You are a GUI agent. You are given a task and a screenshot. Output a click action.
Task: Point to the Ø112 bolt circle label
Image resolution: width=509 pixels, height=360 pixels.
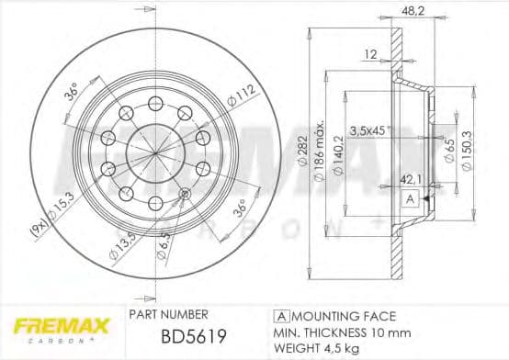click(x=241, y=96)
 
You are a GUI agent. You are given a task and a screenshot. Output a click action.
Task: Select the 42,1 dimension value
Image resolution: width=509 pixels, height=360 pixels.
click(x=407, y=181)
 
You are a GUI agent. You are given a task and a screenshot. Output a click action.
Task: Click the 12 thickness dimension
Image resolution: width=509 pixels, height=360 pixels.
click(x=369, y=55)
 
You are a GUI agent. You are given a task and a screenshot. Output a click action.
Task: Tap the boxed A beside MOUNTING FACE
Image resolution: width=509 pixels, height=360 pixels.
click(x=278, y=313)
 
